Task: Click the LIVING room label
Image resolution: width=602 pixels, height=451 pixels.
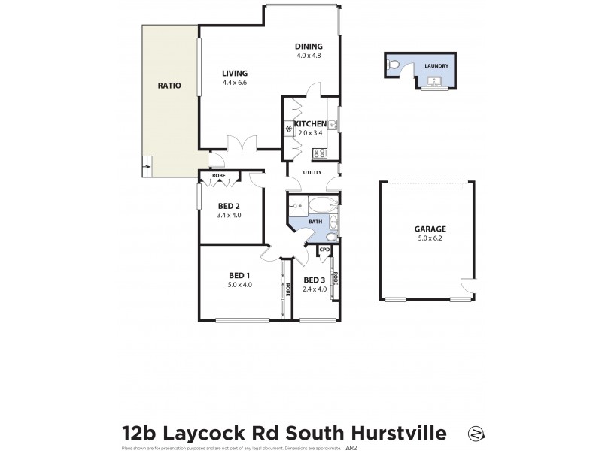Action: [x=234, y=73]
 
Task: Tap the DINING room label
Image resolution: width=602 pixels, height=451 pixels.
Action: [x=309, y=47]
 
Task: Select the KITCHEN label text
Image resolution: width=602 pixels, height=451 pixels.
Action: [x=309, y=124]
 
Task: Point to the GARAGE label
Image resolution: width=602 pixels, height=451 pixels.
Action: [x=430, y=229]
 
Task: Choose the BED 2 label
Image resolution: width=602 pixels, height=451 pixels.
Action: [x=229, y=206]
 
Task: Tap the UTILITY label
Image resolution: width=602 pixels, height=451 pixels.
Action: [x=312, y=172]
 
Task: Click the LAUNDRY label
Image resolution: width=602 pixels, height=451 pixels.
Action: [x=436, y=66]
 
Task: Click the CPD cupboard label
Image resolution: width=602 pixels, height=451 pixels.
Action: [x=325, y=250]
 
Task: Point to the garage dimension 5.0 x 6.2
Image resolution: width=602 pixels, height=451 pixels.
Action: [x=430, y=238]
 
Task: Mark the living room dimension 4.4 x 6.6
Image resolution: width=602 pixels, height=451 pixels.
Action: [x=234, y=83]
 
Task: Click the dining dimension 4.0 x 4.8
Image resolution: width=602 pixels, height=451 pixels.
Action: [x=309, y=56]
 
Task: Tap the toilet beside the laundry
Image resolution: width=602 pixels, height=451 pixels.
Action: [x=394, y=66]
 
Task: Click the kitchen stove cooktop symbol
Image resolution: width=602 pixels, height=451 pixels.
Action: [x=319, y=153]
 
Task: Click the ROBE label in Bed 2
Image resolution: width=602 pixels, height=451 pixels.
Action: [x=218, y=176]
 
